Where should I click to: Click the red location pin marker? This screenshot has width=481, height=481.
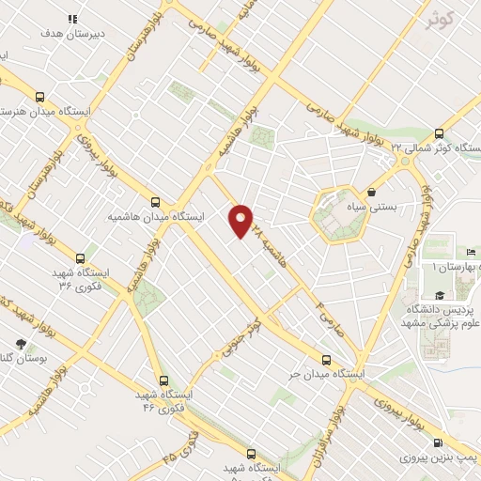tap(241, 221)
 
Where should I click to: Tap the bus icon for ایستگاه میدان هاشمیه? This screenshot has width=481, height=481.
tap(156, 201)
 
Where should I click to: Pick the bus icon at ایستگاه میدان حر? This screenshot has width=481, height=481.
tap(327, 359)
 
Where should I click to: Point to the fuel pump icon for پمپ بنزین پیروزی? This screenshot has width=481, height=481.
tap(437, 443)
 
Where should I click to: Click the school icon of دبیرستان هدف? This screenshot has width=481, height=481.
tap(72, 19)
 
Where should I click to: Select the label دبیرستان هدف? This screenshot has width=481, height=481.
tap(71, 33)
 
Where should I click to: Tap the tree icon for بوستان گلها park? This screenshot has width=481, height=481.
tap(22, 344)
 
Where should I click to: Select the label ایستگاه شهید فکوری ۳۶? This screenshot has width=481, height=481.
tap(80, 277)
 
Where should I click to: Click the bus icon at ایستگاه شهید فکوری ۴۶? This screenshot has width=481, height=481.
tap(164, 381)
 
